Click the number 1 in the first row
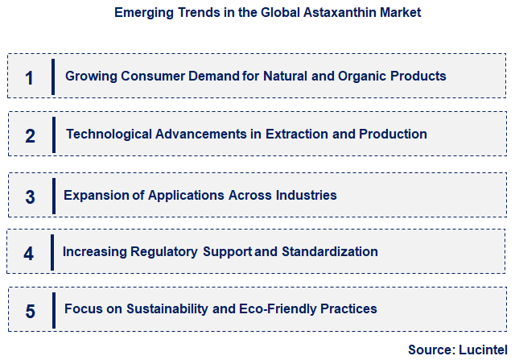click(30, 78)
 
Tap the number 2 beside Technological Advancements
click(30, 135)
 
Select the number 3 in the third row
click(30, 197)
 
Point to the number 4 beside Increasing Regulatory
click(29, 253)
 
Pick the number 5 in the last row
click(30, 311)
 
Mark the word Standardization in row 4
click(329, 251)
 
